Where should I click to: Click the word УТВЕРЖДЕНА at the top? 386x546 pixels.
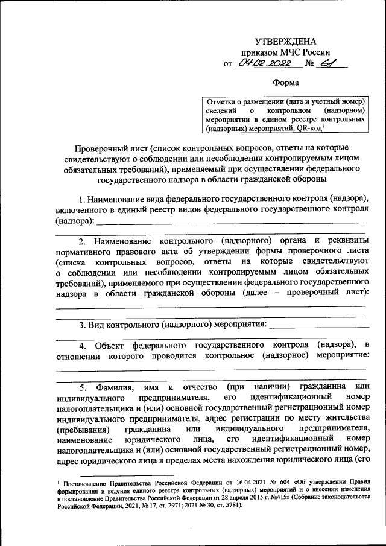point(285,41)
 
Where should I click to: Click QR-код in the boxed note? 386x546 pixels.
point(308,128)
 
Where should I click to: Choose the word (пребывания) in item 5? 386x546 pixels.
point(83,430)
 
